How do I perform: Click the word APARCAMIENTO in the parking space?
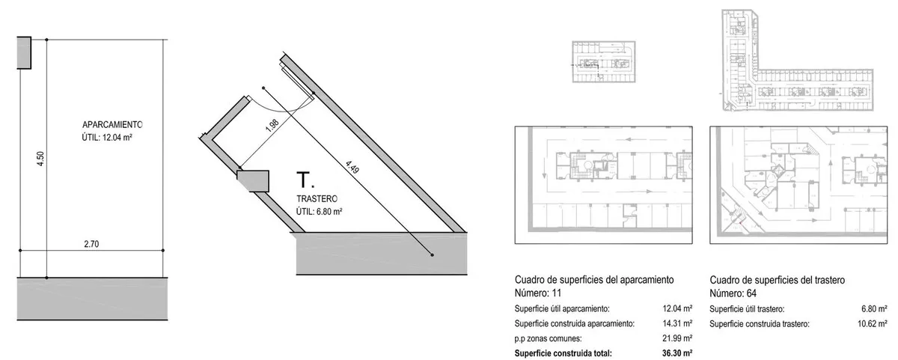(x=112, y=124)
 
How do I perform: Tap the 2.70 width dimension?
(x=92, y=243)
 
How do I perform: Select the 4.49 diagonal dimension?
(x=352, y=165)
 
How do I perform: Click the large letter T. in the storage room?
(x=304, y=180)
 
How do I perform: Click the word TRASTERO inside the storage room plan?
(x=317, y=198)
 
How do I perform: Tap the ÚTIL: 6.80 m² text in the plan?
(x=320, y=211)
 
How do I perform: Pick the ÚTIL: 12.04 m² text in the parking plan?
(x=112, y=138)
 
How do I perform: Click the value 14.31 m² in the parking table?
(x=675, y=323)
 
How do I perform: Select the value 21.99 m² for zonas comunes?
(x=675, y=338)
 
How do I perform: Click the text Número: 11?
(x=540, y=292)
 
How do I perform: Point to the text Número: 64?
(x=734, y=292)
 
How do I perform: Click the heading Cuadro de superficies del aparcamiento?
(x=595, y=280)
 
